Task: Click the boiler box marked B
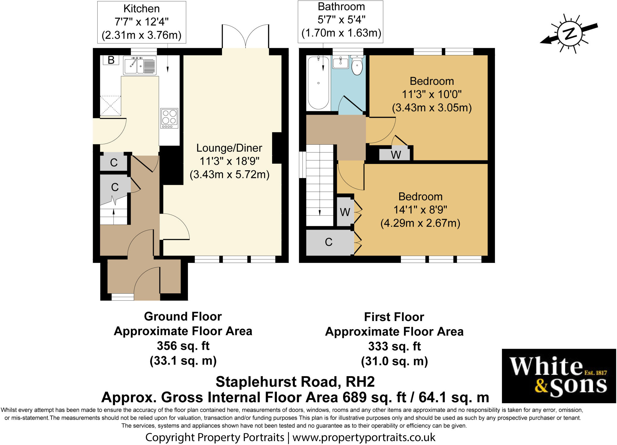pyautogui.click(x=111, y=60)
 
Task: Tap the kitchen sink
pyautogui.click(x=140, y=65)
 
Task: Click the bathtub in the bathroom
pyautogui.click(x=318, y=83)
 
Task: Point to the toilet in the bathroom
pyautogui.click(x=357, y=65)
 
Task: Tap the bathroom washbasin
pyautogui.click(x=341, y=62)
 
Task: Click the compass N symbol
pyautogui.click(x=569, y=34)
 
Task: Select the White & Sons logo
pyautogui.click(x=559, y=376)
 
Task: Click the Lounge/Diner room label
pyautogui.click(x=229, y=148)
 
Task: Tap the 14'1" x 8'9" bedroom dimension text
pyautogui.click(x=420, y=210)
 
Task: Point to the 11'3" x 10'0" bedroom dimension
pyautogui.click(x=432, y=94)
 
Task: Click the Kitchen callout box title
pyautogui.click(x=142, y=9)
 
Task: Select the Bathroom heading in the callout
pyautogui.click(x=341, y=7)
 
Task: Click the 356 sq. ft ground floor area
pyautogui.click(x=183, y=346)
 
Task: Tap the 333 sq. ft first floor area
pyautogui.click(x=394, y=346)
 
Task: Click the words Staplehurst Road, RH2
pyautogui.click(x=295, y=382)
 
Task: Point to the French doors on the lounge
pyautogui.click(x=246, y=36)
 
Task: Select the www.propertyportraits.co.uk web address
pyautogui.click(x=364, y=437)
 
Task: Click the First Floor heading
pyautogui.click(x=394, y=317)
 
